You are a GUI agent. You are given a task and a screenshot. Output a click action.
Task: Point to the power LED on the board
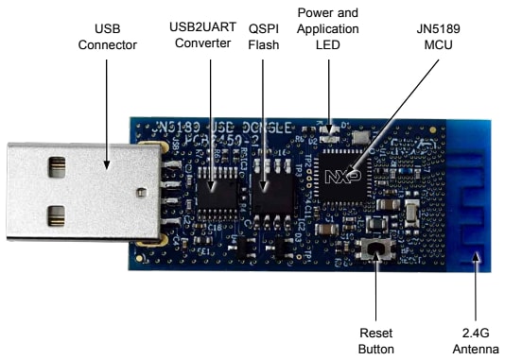pos(330,127)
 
